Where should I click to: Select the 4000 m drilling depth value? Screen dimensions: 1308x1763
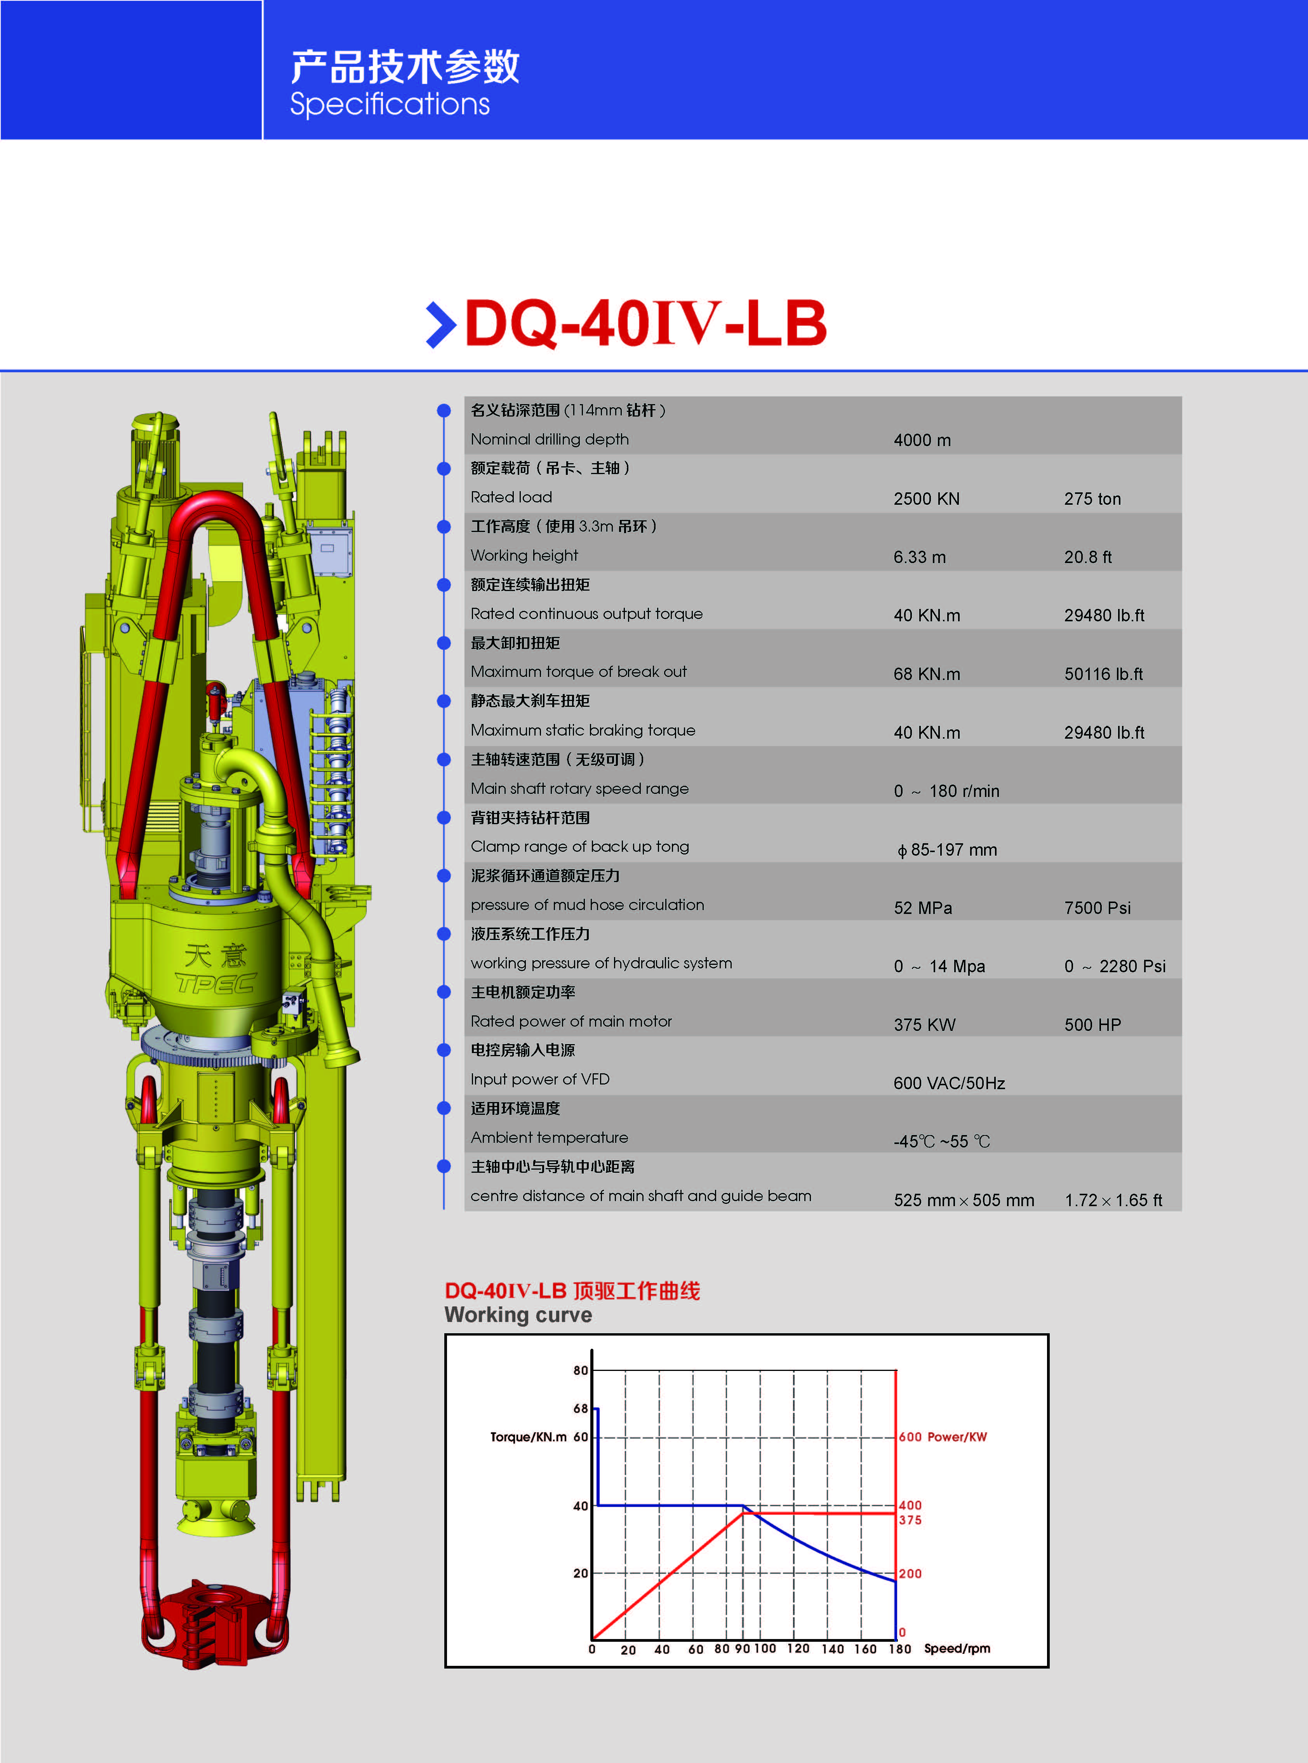[922, 440]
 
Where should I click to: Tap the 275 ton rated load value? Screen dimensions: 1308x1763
[1092, 499]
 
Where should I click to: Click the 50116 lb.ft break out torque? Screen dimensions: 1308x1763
[1104, 674]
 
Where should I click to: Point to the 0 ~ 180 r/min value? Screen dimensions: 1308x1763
[947, 791]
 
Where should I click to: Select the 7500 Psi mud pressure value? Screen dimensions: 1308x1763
[1098, 909]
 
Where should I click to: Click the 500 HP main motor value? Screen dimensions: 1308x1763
[1092, 1025]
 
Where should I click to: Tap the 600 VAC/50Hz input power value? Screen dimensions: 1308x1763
[949, 1083]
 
